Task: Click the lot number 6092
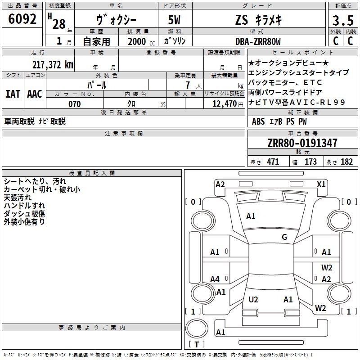(22, 19)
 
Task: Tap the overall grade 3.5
(343, 20)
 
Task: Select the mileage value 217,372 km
(53, 65)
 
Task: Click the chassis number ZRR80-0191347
(302, 143)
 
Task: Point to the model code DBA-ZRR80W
(258, 41)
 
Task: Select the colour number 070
(75, 104)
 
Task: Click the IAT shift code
(13, 94)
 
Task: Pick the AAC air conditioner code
(35, 94)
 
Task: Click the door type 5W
(174, 20)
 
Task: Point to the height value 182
(346, 162)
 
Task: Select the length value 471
(273, 162)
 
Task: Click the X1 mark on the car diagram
(321, 184)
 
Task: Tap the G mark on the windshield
(284, 237)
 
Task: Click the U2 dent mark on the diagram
(253, 300)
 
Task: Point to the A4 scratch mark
(215, 279)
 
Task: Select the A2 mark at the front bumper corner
(220, 184)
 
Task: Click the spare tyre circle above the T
(197, 328)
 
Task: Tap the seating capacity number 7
(188, 85)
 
